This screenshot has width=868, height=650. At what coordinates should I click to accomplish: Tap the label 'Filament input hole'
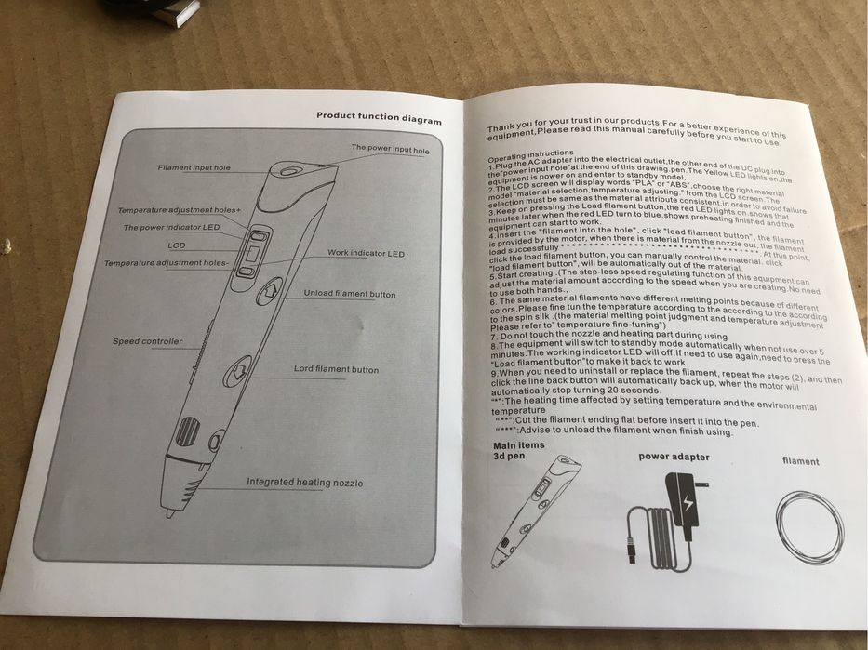pos(194,168)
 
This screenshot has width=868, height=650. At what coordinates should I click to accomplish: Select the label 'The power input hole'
pos(390,148)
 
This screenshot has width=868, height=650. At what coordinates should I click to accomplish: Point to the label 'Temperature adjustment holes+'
pos(179,211)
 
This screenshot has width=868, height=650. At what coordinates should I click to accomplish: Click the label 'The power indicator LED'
pos(171,228)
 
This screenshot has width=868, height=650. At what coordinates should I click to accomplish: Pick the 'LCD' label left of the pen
pos(177,245)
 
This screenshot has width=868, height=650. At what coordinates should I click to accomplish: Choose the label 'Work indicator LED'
pos(366,254)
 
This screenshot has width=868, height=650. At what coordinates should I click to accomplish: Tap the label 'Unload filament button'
pos(349,295)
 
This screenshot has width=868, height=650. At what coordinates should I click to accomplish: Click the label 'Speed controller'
pos(148,341)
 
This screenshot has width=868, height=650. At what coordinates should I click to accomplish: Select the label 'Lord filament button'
pos(336,370)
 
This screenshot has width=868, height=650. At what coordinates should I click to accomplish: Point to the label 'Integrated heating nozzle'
pos(304,483)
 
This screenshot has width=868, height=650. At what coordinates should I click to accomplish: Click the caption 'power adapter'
pos(674,458)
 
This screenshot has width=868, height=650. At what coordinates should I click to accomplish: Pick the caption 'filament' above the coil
pos(800,461)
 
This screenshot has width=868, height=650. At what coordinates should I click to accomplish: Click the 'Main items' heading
pos(517,446)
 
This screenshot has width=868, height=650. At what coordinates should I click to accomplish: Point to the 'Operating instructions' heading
pos(530,153)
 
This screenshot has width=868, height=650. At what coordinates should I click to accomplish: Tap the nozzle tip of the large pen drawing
pos(168,512)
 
